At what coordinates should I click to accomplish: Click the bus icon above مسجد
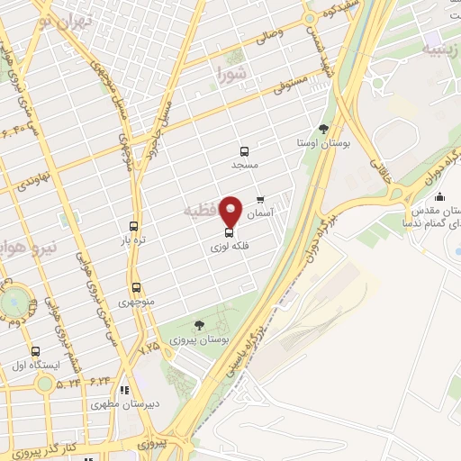click(x=243, y=151)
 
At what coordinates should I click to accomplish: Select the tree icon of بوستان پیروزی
click(x=200, y=325)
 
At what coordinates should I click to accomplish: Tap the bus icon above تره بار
click(x=133, y=227)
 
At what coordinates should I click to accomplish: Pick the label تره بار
click(x=133, y=241)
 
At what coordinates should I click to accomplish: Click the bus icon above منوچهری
click(x=136, y=289)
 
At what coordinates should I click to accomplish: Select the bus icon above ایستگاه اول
click(x=35, y=351)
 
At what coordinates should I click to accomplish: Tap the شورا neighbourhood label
click(x=230, y=72)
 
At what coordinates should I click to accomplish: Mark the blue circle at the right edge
click(x=457, y=250)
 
